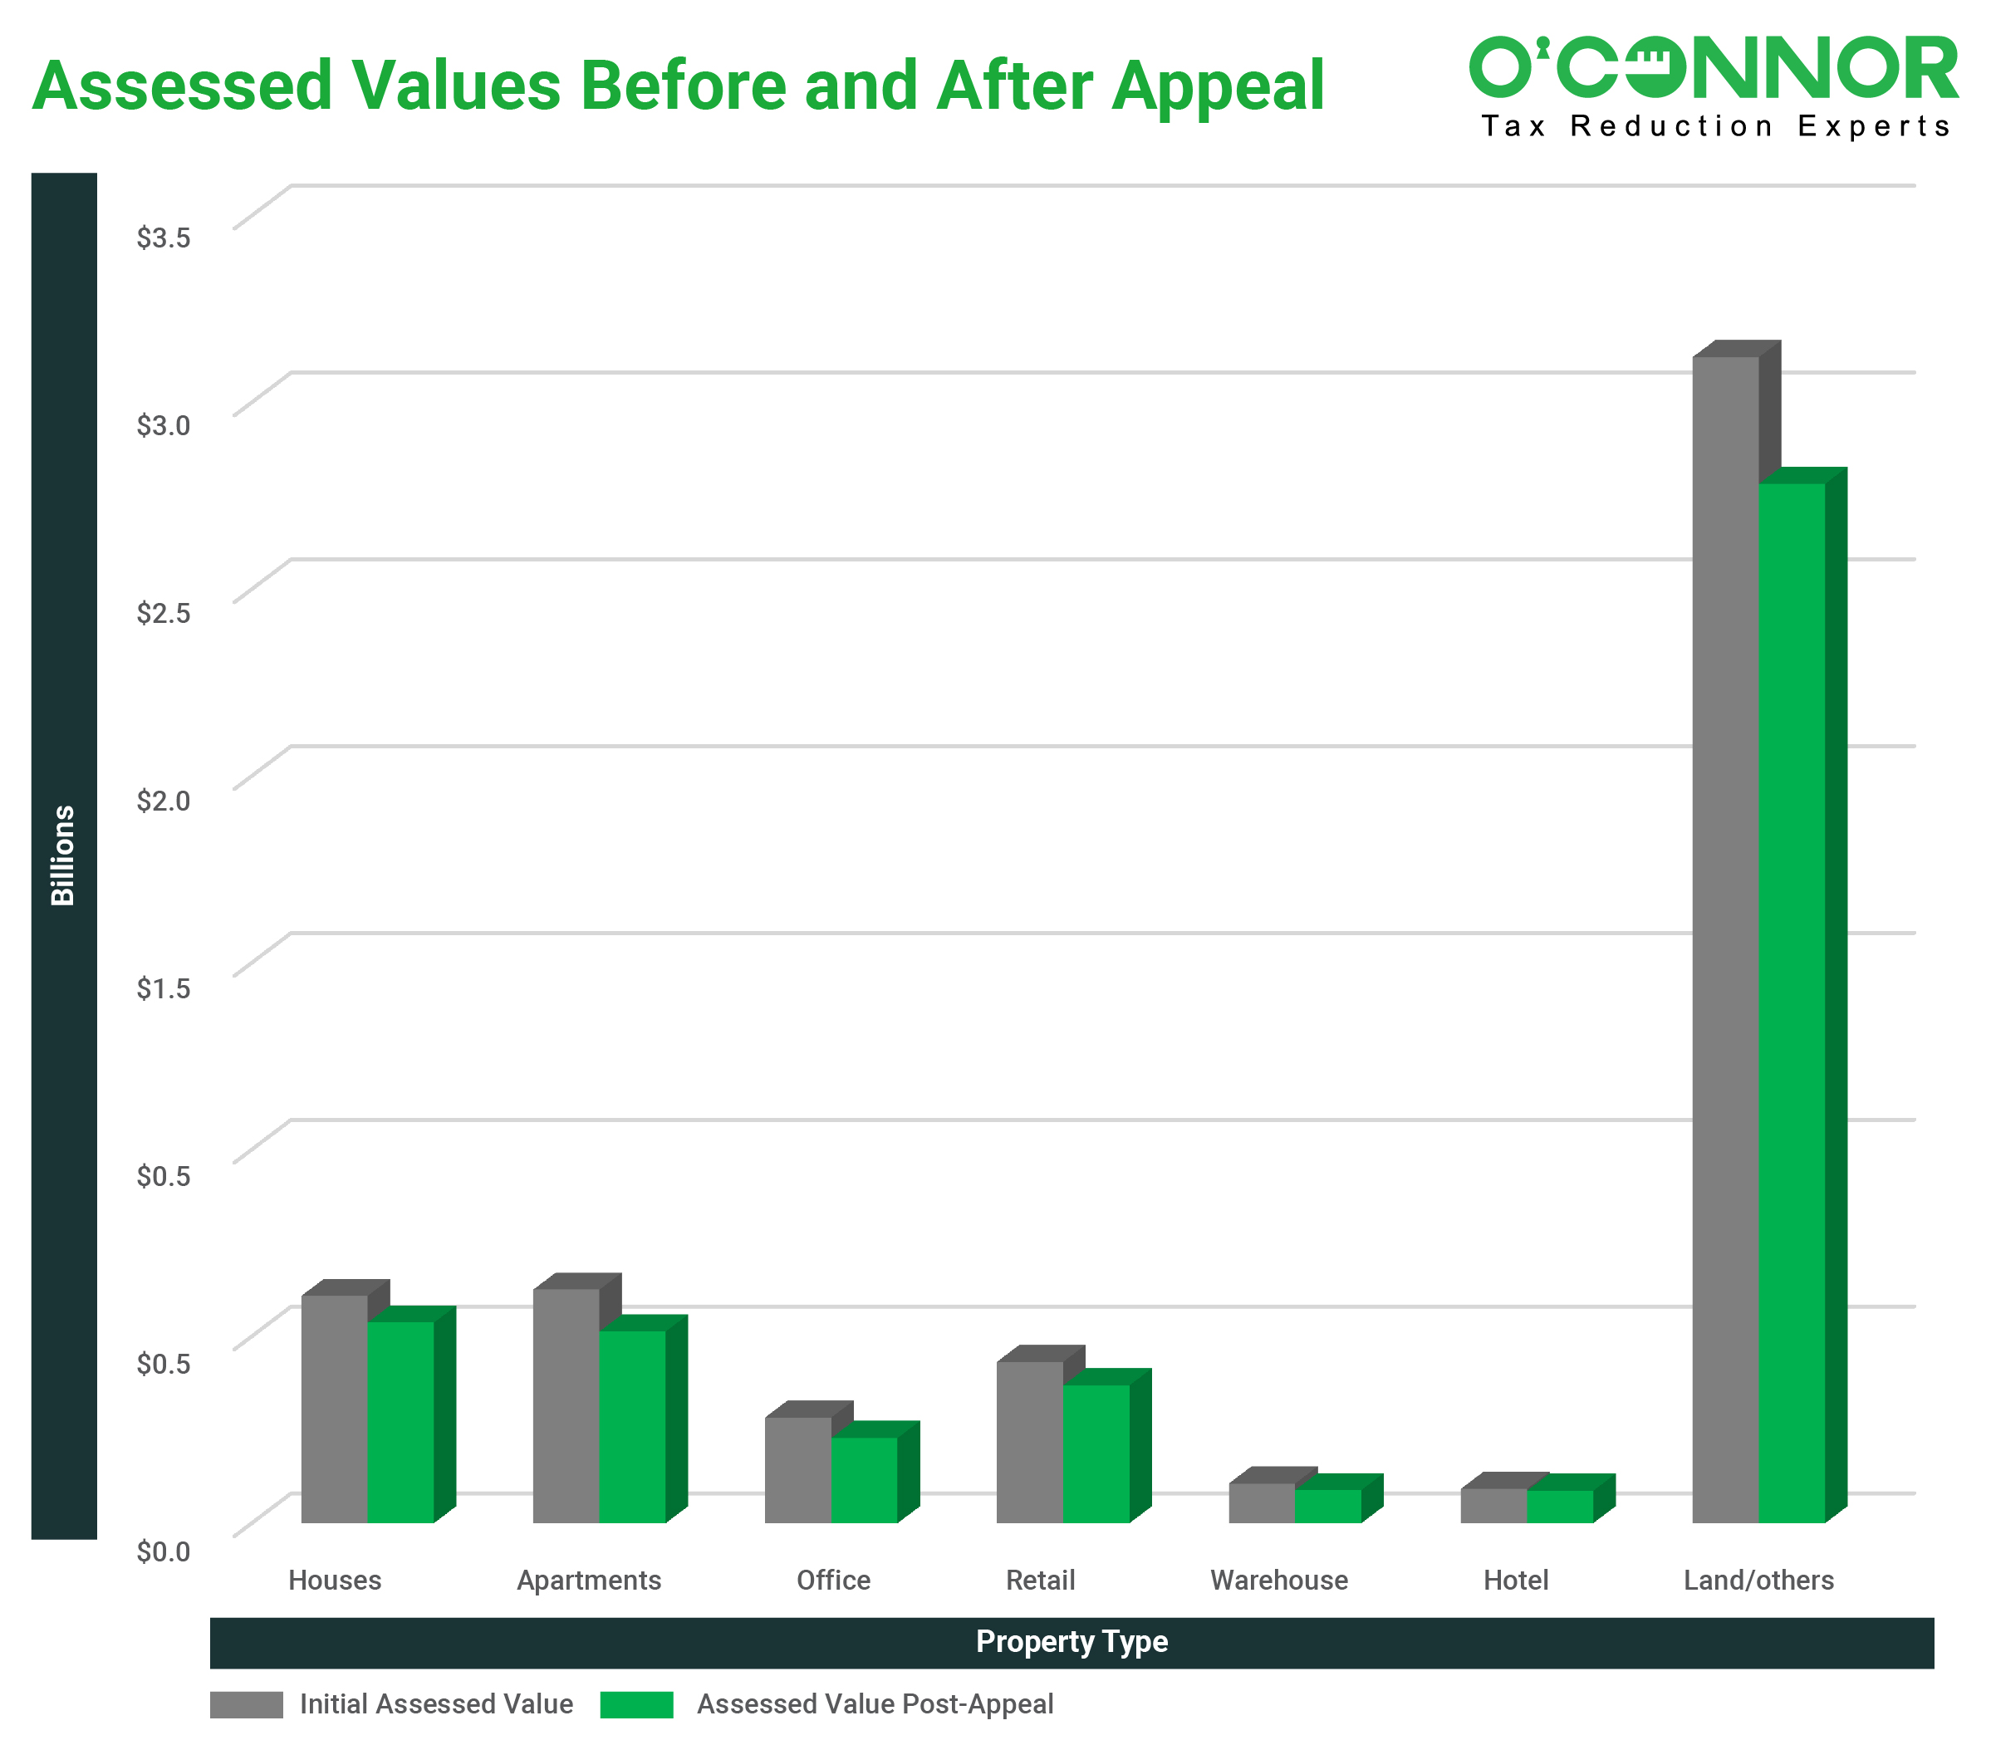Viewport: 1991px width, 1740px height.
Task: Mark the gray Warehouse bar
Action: point(1262,1502)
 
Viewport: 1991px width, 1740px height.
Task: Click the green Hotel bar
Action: point(1560,1506)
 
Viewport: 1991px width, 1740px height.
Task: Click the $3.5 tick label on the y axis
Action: point(163,238)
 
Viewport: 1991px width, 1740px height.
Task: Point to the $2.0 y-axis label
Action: point(163,801)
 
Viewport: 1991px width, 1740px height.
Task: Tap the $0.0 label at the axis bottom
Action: point(163,1551)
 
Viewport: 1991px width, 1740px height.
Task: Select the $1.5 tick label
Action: point(163,988)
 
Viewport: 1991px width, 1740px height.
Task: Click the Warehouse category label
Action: point(1278,1581)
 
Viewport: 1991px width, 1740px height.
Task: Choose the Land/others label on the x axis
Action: point(1758,1581)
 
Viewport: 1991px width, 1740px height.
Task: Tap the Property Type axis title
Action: point(1072,1642)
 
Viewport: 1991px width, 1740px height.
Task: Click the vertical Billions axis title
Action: point(63,855)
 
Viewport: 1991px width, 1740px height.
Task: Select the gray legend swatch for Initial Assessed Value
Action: point(246,1704)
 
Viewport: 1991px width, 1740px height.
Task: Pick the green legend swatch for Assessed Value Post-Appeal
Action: point(636,1704)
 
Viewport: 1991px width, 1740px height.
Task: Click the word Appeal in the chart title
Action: point(1218,87)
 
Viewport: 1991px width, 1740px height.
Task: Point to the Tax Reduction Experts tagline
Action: point(1715,126)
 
